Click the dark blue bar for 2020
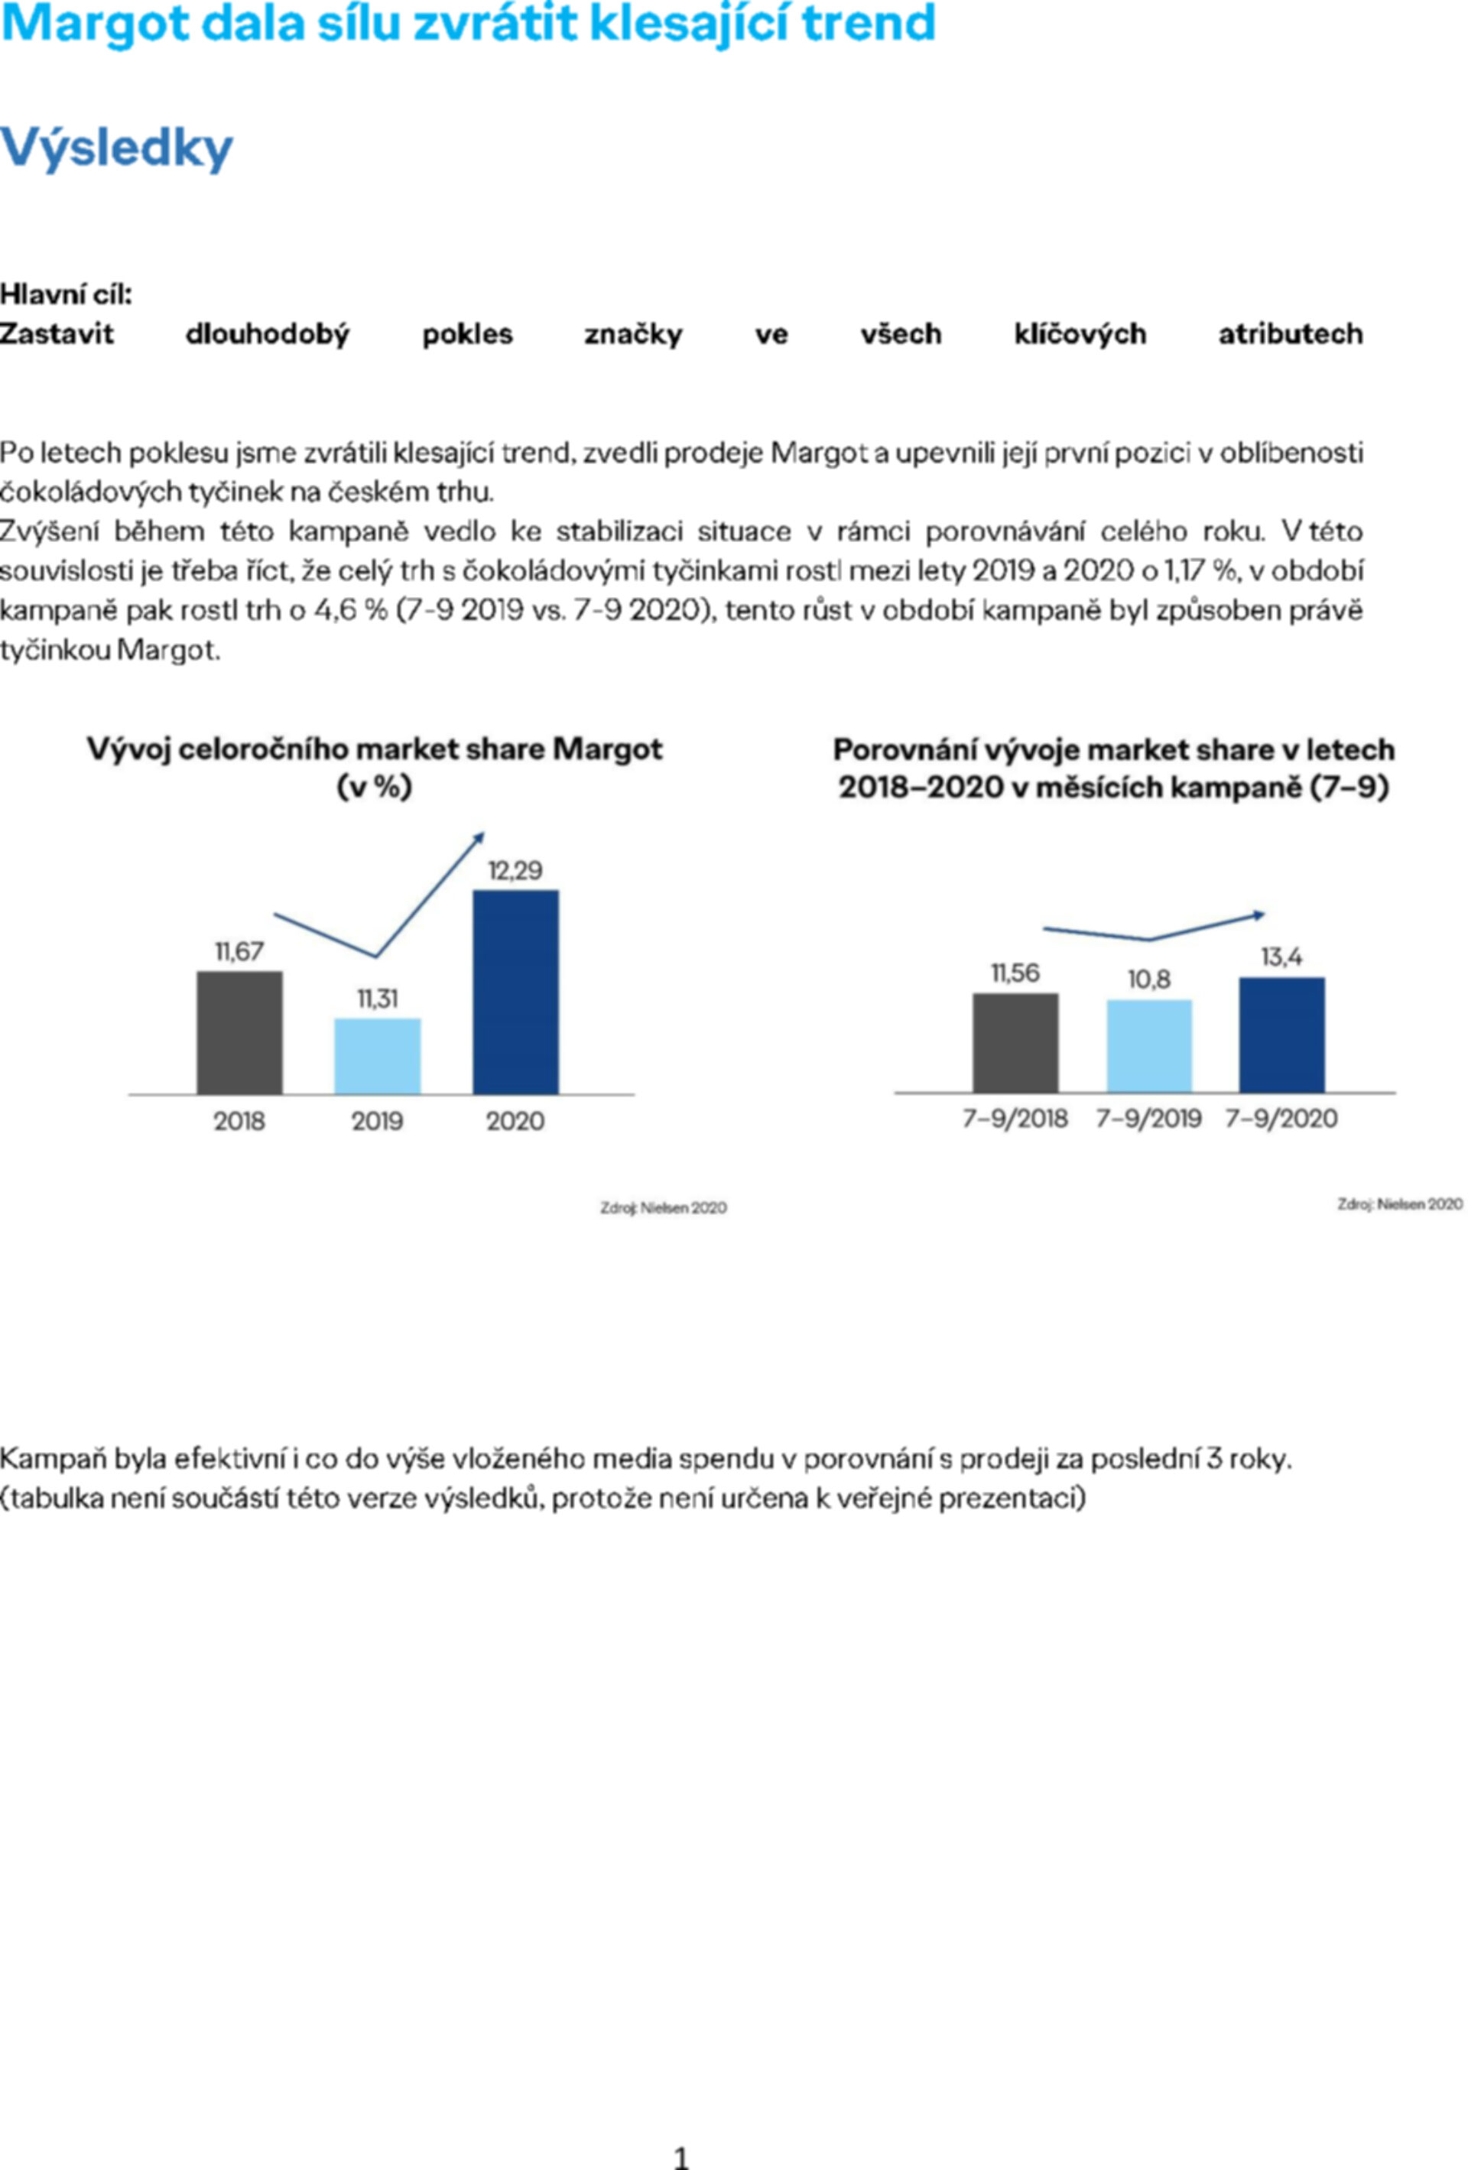tap(515, 992)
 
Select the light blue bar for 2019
tap(377, 1056)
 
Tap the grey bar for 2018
tap(239, 1033)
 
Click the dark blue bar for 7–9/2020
tap(1281, 1035)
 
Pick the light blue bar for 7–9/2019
tap(1148, 1046)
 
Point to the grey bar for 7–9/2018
tap(1015, 1043)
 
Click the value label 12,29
tap(515, 871)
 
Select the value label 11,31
tap(377, 999)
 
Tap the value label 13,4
tap(1281, 957)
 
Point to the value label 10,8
tap(1148, 979)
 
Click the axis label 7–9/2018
tap(1015, 1119)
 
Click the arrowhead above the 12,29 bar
tap(479, 836)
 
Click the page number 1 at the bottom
tap(680, 2158)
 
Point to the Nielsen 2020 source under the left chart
tap(663, 1208)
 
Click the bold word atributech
tap(1291, 334)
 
